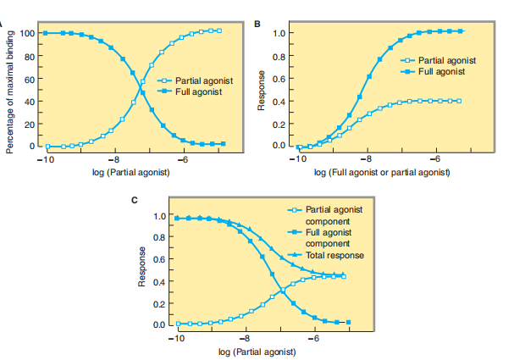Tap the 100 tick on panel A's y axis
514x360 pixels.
click(28, 34)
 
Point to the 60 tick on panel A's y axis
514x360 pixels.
click(28, 80)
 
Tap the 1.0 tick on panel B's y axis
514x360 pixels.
click(278, 34)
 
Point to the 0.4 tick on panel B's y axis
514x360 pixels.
click(278, 102)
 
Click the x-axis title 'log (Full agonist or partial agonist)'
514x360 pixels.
click(381, 173)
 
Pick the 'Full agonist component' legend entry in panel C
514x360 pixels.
click(331, 236)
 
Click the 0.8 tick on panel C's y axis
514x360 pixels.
click(159, 238)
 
